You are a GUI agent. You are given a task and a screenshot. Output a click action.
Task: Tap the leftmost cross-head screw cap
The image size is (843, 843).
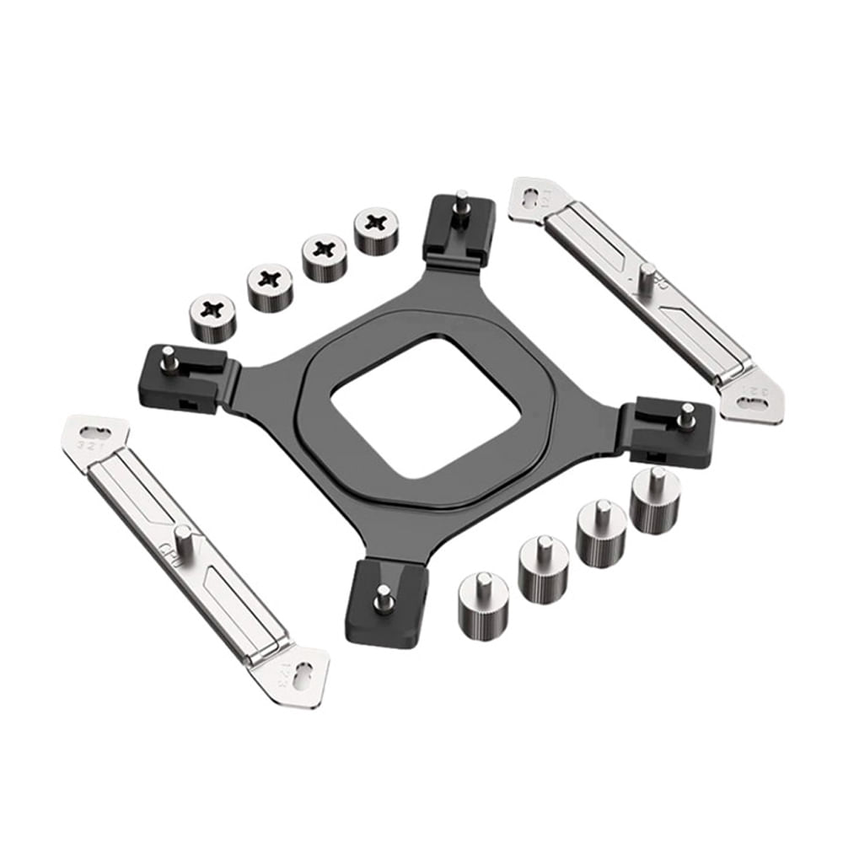click(213, 315)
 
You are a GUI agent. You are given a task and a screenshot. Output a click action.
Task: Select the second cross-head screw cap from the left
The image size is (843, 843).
click(270, 286)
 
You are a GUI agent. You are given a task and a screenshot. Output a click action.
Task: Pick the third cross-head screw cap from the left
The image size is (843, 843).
click(324, 255)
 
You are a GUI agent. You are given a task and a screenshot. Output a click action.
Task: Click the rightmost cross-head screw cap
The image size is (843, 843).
click(376, 229)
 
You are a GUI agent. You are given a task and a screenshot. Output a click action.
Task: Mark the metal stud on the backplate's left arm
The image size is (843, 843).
click(169, 357)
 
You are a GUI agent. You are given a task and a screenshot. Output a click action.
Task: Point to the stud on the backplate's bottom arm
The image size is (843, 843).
click(384, 600)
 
